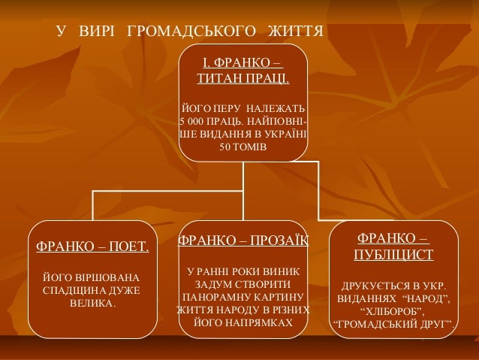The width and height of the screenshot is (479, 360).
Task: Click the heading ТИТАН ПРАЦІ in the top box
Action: click(x=243, y=78)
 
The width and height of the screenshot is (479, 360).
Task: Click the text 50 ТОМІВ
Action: click(x=243, y=147)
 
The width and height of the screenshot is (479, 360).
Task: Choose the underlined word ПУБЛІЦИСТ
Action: click(x=393, y=255)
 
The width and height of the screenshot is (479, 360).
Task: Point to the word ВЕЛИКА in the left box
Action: click(x=92, y=304)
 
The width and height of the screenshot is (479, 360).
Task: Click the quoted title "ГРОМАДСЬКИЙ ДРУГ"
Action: click(x=393, y=325)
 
